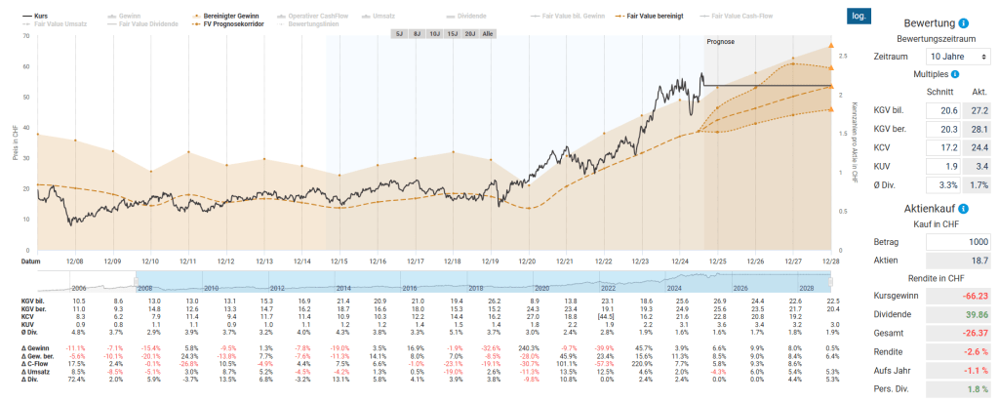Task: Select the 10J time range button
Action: tap(434, 33)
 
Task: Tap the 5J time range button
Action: tap(398, 33)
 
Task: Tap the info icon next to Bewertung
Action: tap(963, 22)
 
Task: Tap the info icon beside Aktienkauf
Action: tap(963, 209)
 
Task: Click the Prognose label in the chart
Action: tap(720, 42)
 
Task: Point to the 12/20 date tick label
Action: tap(527, 261)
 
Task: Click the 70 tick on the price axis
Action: tap(26, 36)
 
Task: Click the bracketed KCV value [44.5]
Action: tap(604, 317)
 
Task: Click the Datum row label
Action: tap(31, 261)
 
